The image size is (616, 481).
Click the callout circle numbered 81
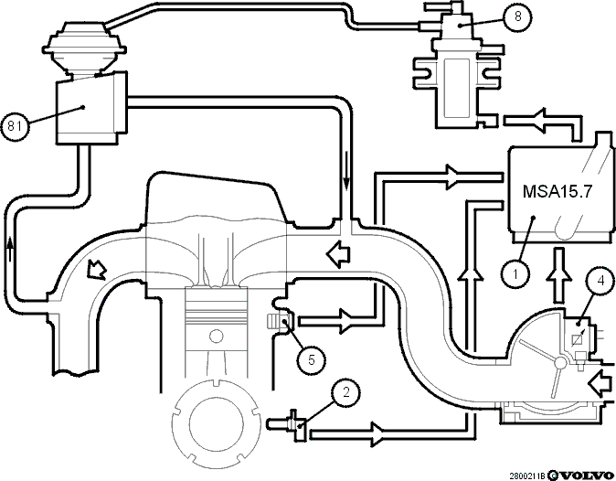tap(15, 126)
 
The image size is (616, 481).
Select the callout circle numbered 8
tap(518, 16)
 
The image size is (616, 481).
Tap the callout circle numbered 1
tap(516, 273)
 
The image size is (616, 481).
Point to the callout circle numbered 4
tap(600, 281)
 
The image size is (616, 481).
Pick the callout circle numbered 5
tap(312, 359)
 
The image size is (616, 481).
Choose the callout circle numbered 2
tap(345, 392)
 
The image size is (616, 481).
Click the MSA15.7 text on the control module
tap(558, 191)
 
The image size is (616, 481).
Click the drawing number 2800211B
tap(527, 476)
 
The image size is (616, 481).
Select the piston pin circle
tap(216, 337)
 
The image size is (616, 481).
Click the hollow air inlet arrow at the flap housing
tap(600, 383)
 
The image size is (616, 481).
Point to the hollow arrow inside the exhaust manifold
tap(97, 270)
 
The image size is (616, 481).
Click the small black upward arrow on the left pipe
tap(10, 249)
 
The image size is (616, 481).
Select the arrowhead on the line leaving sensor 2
tap(377, 434)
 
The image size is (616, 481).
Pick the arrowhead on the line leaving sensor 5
tap(345, 322)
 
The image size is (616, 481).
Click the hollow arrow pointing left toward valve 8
tap(538, 121)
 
